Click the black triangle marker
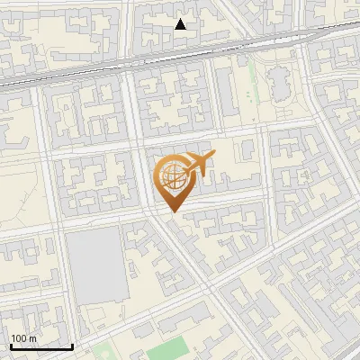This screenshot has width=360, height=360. tap(181, 24)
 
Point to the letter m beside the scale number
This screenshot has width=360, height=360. tap(32, 338)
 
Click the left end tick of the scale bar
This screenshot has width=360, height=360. tap(11, 346)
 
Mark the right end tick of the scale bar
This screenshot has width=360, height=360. tap(72, 346)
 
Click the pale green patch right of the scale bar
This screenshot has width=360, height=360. tap(103, 351)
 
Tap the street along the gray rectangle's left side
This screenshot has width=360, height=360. tap(63, 270)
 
